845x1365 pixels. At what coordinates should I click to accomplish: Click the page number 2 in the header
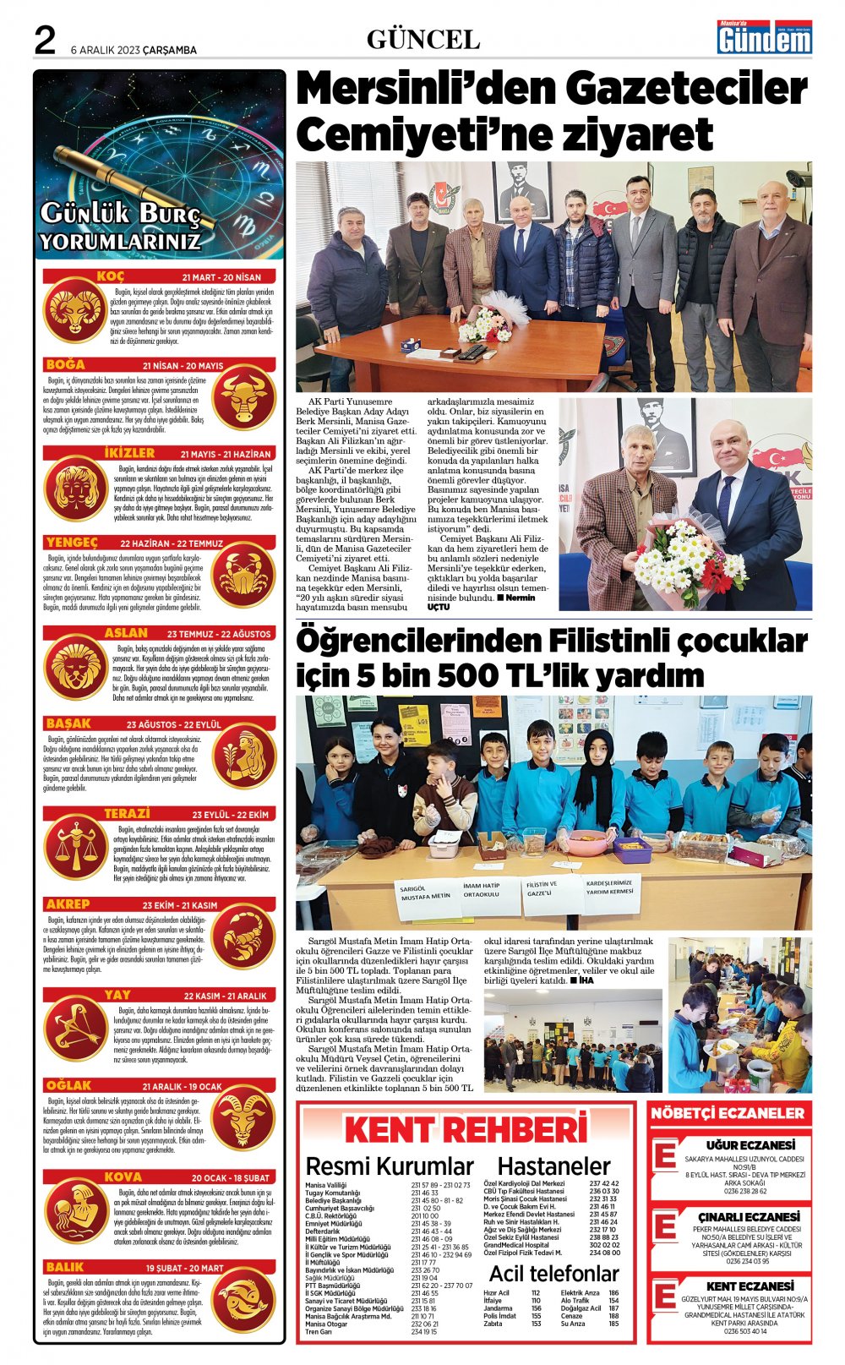click(45, 41)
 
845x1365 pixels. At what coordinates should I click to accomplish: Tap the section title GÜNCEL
click(423, 40)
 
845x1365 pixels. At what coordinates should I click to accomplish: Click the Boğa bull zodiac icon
click(243, 399)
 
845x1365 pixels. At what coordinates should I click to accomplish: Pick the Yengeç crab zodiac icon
click(243, 577)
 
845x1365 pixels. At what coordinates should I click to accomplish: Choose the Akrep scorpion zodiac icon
click(243, 937)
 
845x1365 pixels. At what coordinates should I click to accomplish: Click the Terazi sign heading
click(127, 813)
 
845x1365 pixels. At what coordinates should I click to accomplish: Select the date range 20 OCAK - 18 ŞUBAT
click(230, 1177)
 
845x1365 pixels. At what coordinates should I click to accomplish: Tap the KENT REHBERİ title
click(466, 1129)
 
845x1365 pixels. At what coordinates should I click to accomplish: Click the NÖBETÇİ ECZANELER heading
click(728, 1113)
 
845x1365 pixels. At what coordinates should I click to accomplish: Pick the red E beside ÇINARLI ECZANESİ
click(666, 1226)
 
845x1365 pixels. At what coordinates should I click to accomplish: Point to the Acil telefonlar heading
click(553, 1273)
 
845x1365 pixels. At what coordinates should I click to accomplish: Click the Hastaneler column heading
click(553, 1166)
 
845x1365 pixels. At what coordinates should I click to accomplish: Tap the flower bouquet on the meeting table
click(487, 323)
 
